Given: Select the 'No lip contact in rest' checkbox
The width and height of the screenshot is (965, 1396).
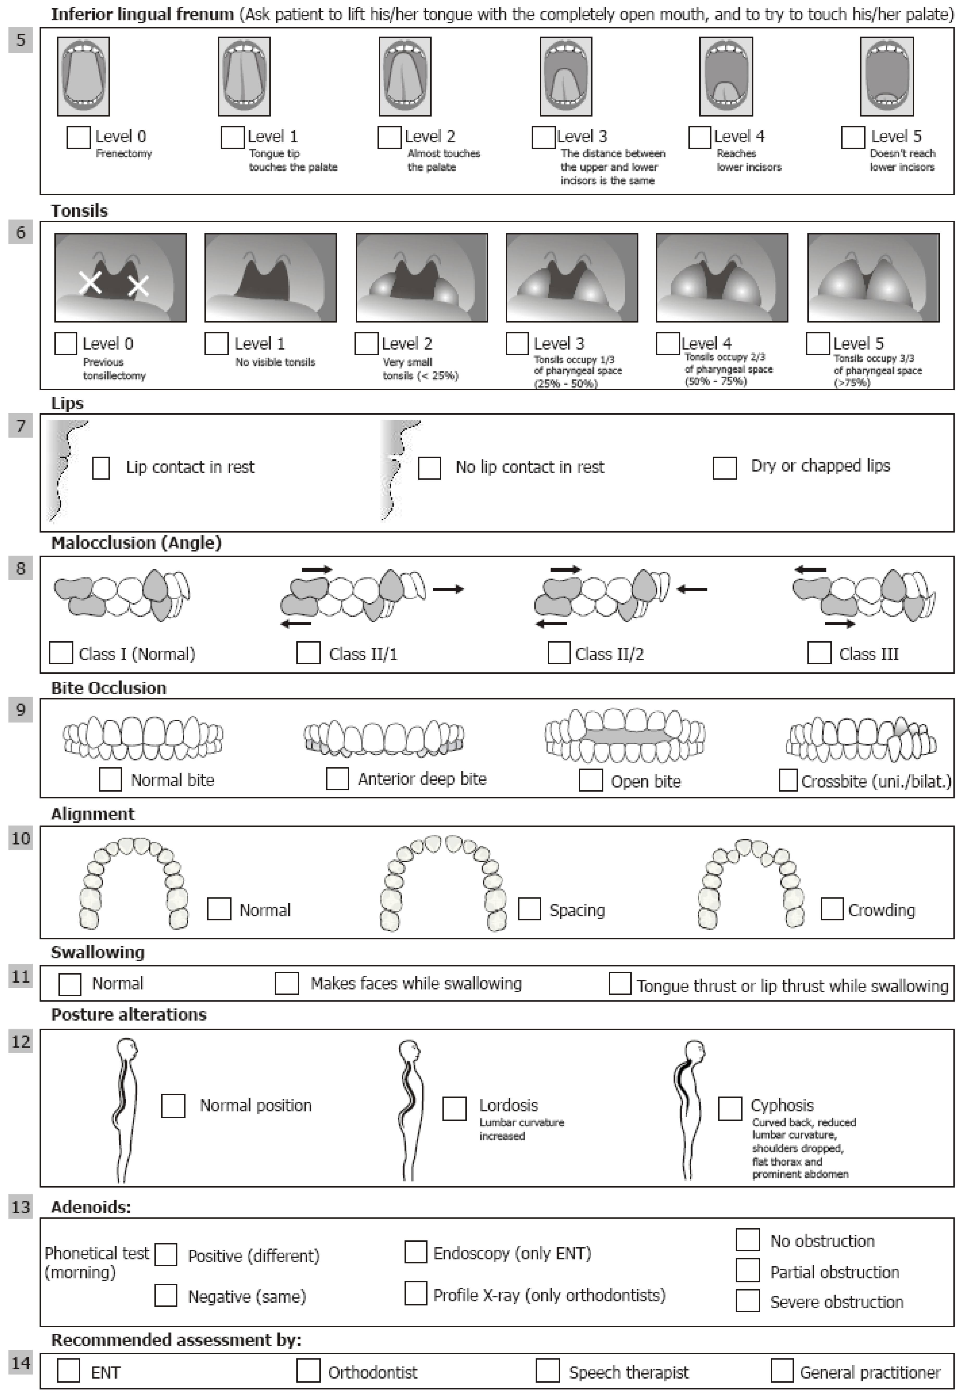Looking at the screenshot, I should point(429,468).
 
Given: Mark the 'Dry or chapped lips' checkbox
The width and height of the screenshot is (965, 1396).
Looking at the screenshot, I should point(724,468).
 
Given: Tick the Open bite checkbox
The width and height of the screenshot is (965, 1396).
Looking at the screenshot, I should point(591,780).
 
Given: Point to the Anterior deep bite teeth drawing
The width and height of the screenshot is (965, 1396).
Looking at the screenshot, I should point(384,738).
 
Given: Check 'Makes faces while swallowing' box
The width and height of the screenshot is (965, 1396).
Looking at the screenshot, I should point(287,983).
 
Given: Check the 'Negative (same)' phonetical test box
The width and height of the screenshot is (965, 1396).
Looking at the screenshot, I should point(166,1296).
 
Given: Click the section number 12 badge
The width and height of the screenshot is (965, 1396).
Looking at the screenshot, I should point(21,1042).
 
